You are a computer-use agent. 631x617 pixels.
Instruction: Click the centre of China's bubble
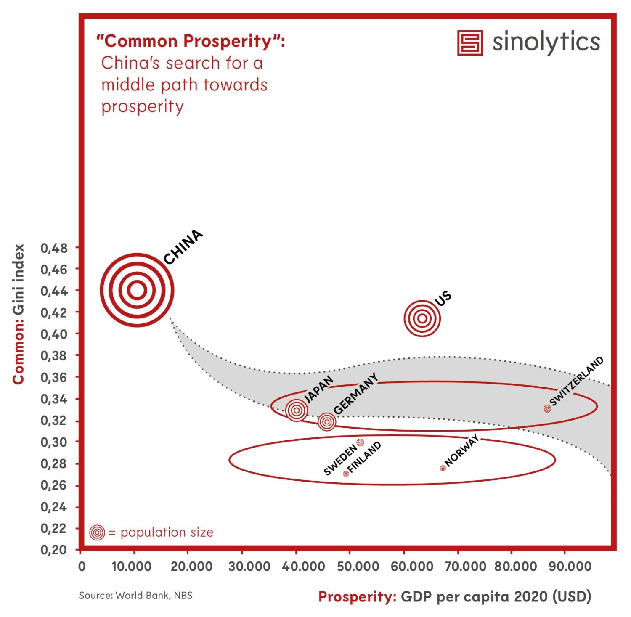tap(137, 290)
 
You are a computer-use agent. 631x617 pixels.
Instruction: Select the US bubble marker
tap(422, 318)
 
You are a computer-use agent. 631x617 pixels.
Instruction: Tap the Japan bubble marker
tap(297, 410)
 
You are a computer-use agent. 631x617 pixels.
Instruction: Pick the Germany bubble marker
tap(327, 421)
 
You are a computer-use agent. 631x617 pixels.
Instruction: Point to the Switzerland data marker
tap(547, 408)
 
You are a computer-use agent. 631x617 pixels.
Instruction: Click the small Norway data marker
tap(443, 468)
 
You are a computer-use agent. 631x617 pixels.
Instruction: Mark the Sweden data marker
tap(360, 442)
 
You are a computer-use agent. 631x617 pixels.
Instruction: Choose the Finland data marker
tap(346, 474)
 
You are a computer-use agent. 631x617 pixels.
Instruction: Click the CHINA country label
tap(183, 247)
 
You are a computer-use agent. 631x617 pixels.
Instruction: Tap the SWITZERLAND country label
tap(577, 381)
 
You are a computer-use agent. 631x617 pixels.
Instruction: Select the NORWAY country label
tap(461, 450)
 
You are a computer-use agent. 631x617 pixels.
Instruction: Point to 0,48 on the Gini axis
tap(54, 248)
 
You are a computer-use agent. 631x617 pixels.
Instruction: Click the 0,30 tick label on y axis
tap(54, 442)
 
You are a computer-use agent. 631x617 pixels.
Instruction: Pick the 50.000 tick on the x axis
tap(358, 566)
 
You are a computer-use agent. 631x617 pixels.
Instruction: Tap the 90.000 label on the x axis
tap(570, 566)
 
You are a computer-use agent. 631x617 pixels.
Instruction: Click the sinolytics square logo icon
tap(470, 42)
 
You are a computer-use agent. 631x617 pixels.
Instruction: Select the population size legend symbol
tap(97, 532)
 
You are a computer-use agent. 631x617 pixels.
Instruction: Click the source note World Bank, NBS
tap(135, 595)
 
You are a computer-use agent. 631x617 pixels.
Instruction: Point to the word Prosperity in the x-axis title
tap(357, 596)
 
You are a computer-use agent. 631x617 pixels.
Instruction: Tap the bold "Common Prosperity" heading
tap(191, 41)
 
